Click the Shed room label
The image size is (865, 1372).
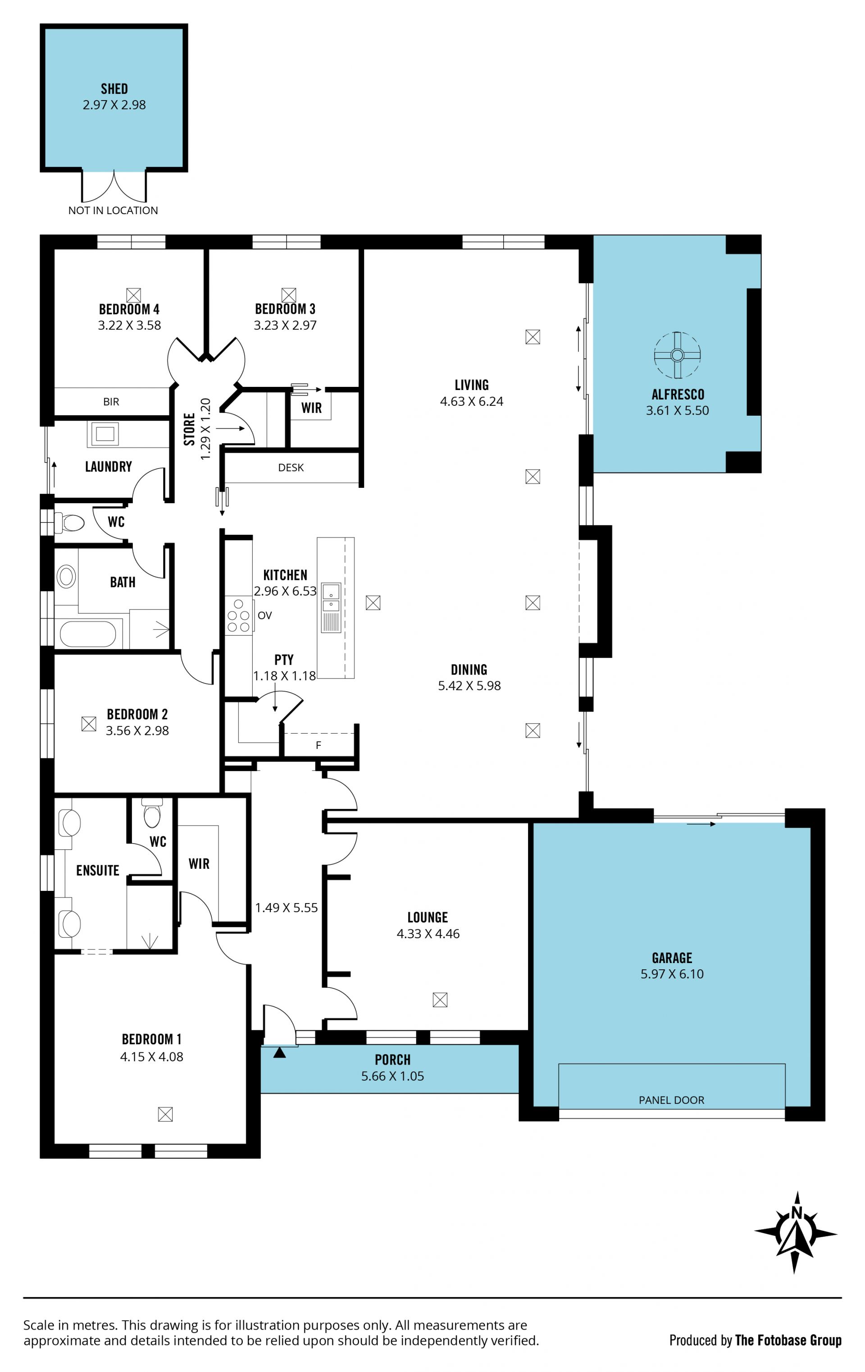click(x=114, y=89)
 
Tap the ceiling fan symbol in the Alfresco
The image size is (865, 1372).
click(x=677, y=355)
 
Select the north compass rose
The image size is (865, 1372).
click(x=796, y=1232)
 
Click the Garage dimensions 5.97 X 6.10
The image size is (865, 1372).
click(x=672, y=974)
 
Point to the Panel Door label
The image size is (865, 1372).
click(x=671, y=1100)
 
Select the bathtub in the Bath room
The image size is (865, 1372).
click(x=88, y=633)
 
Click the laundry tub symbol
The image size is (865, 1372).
click(x=104, y=434)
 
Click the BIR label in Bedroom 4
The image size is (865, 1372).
click(x=111, y=402)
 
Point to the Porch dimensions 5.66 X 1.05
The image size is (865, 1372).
click(x=392, y=1076)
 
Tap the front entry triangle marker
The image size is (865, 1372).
click(x=279, y=1052)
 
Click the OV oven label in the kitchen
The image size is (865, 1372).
click(x=265, y=615)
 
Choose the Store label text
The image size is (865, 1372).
click(x=190, y=429)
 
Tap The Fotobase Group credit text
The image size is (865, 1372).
click(x=788, y=1340)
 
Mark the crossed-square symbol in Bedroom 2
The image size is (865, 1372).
click(x=89, y=724)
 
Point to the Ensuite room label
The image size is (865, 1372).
click(x=98, y=871)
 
